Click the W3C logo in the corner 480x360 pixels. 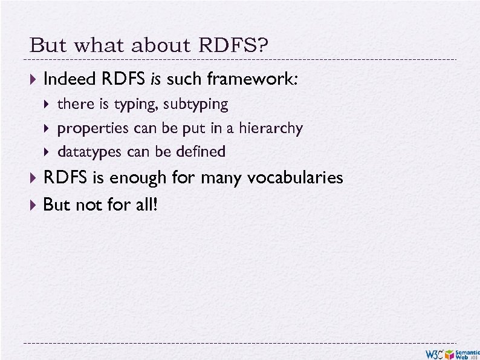pyautogui.click(x=437, y=354)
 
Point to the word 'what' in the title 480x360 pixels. pyautogui.click(x=90, y=46)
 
